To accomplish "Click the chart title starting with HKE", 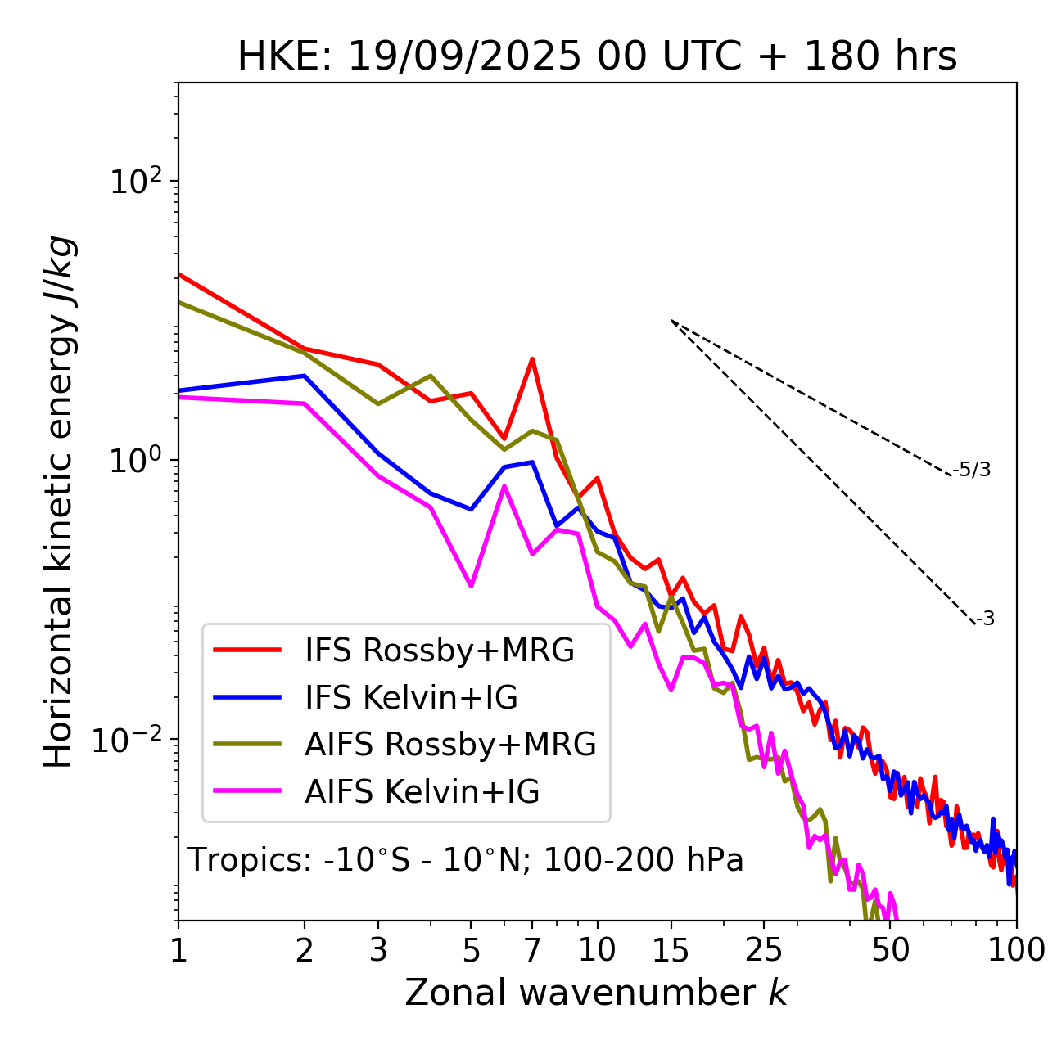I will pyautogui.click(x=597, y=57).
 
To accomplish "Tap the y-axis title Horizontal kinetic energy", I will pyautogui.click(x=60, y=502).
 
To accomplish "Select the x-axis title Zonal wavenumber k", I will pyautogui.click(x=596, y=993).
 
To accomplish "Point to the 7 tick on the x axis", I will pyautogui.click(x=532, y=950).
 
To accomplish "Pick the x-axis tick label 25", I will pyautogui.click(x=764, y=950).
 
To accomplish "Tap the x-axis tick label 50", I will pyautogui.click(x=891, y=950).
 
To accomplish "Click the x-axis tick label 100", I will pyautogui.click(x=1016, y=950).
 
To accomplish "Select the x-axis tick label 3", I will pyautogui.click(x=378, y=950).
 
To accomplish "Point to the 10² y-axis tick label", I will pyautogui.click(x=133, y=181).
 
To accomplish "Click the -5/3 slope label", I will pyautogui.click(x=972, y=470).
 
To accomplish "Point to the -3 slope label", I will pyautogui.click(x=985, y=619).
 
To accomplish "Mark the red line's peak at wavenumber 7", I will pyautogui.click(x=532, y=359).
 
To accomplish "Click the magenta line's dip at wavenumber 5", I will pyautogui.click(x=471, y=586).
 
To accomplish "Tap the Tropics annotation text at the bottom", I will pyautogui.click(x=465, y=860).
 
